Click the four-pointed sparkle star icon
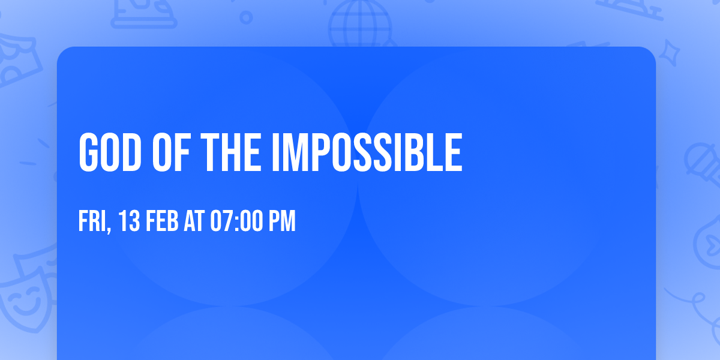point(672,50)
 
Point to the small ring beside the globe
point(246,17)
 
